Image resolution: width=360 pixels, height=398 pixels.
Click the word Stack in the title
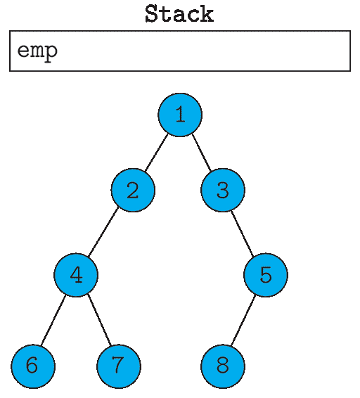[179, 14]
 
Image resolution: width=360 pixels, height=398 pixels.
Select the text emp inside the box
[37, 52]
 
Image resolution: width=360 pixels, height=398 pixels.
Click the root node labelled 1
[180, 115]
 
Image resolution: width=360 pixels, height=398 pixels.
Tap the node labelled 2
[133, 190]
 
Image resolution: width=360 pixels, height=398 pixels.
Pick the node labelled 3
[223, 190]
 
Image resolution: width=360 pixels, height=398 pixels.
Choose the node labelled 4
[76, 275]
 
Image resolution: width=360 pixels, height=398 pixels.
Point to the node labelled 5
[266, 275]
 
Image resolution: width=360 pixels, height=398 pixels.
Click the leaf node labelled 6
[33, 366]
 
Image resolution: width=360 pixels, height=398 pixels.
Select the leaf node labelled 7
[119, 366]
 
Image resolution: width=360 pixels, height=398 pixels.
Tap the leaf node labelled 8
[223, 366]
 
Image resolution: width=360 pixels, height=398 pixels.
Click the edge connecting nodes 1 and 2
[156, 153]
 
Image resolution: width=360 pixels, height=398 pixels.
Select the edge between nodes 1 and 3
[202, 153]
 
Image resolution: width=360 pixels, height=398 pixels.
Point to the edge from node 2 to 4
[103, 232]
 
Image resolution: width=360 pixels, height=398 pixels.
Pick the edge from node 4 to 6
[53, 321]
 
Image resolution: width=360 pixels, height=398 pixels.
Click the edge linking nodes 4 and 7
[99, 321]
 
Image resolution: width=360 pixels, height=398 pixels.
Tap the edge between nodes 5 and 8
[243, 321]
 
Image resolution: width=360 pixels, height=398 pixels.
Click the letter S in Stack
[152, 14]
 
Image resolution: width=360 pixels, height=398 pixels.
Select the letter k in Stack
[207, 14]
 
